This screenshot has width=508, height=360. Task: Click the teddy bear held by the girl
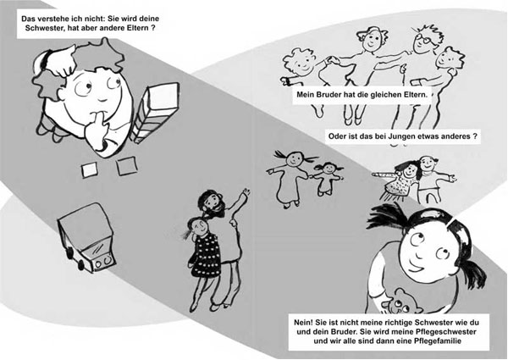399,302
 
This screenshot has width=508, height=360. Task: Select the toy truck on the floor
86,237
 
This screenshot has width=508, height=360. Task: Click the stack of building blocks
156,112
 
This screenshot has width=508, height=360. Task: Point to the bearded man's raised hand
246,192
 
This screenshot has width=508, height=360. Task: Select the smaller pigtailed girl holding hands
328,179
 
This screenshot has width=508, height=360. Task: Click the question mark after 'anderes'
474,136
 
